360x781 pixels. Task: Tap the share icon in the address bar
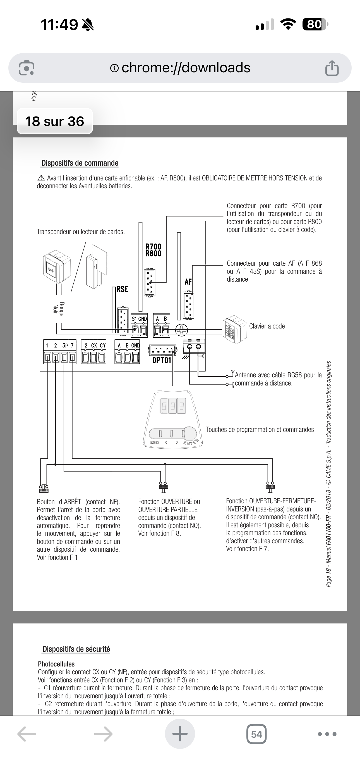click(x=332, y=68)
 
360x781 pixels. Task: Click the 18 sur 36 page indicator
click(x=54, y=121)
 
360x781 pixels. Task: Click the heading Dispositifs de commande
click(x=80, y=163)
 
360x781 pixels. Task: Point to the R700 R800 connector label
click(x=153, y=250)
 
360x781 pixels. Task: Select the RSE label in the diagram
click(x=123, y=289)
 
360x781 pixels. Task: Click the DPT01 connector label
click(x=162, y=360)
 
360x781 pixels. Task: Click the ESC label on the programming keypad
click(x=154, y=442)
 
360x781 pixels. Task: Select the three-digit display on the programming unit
click(x=173, y=406)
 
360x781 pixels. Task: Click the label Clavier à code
click(x=267, y=326)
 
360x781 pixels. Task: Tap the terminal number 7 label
click(x=72, y=345)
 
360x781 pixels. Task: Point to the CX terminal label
click(x=94, y=345)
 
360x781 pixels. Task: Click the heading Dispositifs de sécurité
click(x=76, y=649)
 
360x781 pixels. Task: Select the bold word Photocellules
click(x=56, y=664)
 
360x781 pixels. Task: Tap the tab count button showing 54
click(x=257, y=734)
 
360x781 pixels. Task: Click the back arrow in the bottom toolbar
click(x=27, y=734)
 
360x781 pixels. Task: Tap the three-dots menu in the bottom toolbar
click(x=327, y=734)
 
